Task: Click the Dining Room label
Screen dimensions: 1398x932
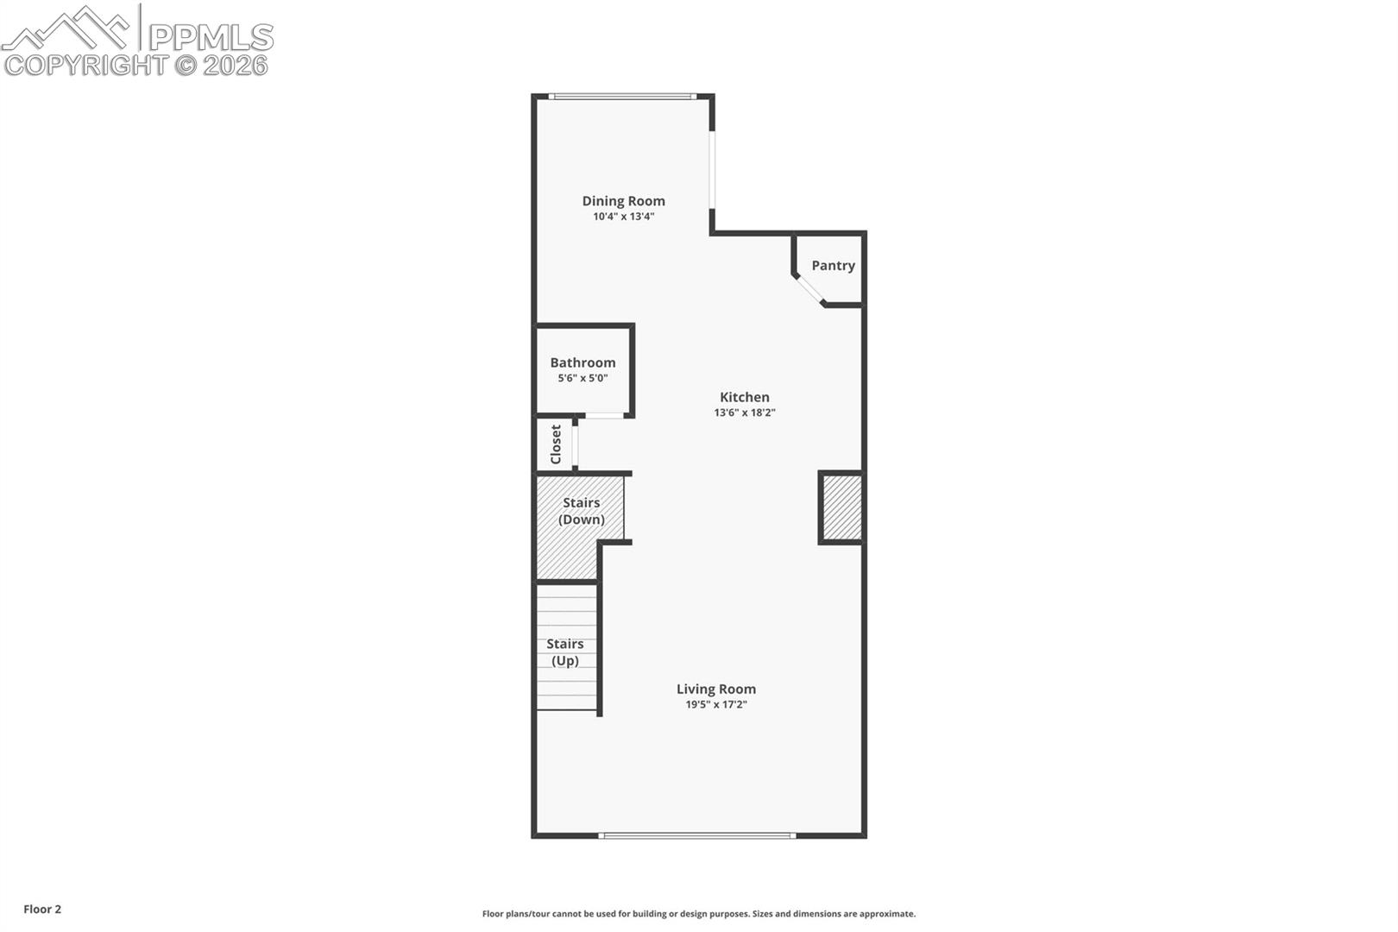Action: point(623,201)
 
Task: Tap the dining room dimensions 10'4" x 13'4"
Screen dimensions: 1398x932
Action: point(623,217)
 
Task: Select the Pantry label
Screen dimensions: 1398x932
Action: point(833,265)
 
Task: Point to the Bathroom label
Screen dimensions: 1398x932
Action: point(582,362)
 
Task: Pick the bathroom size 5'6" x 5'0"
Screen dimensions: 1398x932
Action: point(582,378)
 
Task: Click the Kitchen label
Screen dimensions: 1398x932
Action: point(745,397)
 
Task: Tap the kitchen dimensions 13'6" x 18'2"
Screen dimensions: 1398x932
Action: point(745,412)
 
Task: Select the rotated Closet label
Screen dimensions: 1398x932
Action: point(556,444)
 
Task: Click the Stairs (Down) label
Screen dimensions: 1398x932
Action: point(582,511)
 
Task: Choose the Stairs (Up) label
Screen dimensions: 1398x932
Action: point(565,652)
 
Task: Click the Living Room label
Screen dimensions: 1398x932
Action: point(716,690)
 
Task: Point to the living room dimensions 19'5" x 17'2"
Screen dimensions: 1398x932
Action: point(716,705)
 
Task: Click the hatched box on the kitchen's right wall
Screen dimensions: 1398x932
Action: point(842,507)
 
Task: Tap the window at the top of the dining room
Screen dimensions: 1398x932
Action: point(623,97)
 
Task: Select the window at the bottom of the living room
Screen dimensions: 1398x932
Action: point(697,835)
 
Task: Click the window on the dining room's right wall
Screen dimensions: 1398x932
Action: point(712,169)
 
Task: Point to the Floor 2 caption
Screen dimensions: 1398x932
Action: point(42,909)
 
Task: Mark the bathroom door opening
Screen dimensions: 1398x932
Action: point(604,415)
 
